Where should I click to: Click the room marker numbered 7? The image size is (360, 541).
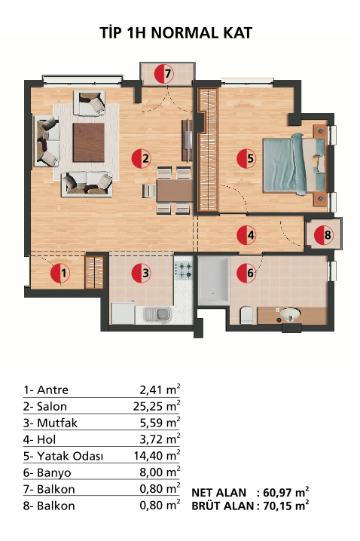(163, 74)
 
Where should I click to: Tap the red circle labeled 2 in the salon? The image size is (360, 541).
(142, 158)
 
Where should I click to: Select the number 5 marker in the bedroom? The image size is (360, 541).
(246, 158)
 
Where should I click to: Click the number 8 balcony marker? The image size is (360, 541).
(324, 235)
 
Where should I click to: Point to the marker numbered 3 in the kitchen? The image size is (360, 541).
(142, 273)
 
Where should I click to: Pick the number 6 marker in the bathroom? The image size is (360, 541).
(246, 273)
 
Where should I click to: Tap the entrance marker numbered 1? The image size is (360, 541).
(60, 273)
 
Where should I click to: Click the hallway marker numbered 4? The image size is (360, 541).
(246, 235)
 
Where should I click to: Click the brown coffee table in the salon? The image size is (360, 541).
(89, 142)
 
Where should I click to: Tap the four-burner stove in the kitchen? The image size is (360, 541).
(184, 270)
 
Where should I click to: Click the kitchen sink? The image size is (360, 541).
(157, 314)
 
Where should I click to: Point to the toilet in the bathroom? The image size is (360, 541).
(246, 315)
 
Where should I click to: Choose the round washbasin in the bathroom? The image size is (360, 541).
(290, 314)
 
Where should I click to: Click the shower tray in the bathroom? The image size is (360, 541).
(214, 281)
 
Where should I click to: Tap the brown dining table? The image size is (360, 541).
(175, 191)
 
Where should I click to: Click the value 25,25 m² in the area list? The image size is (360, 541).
(157, 406)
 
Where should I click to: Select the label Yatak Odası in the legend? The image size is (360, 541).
(70, 456)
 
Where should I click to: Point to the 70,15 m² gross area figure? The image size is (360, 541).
(286, 506)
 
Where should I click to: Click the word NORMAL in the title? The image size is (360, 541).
(185, 33)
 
